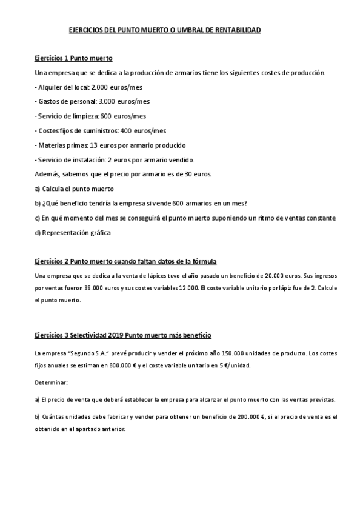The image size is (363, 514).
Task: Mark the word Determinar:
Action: pyautogui.click(x=52, y=382)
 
